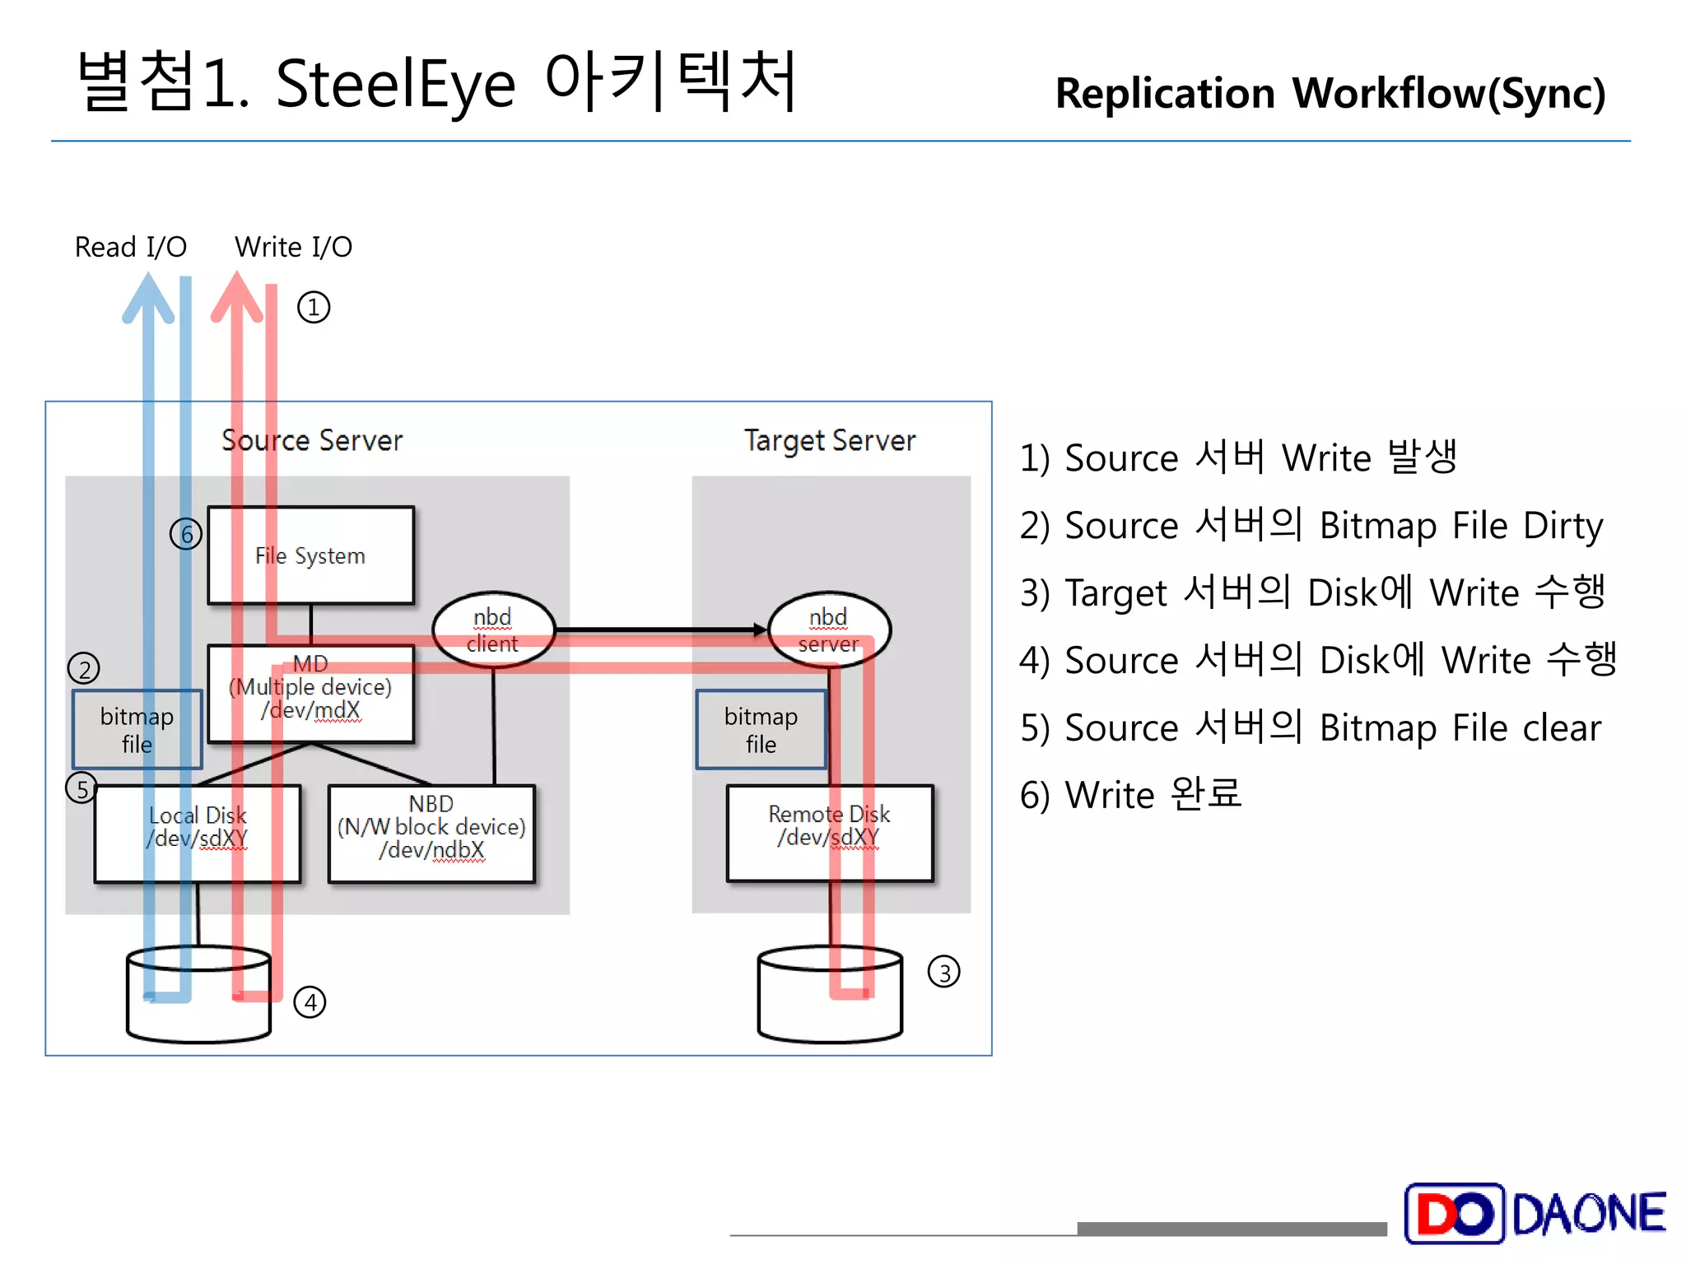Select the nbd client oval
click(493, 630)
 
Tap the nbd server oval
click(828, 630)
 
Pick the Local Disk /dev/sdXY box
click(198, 833)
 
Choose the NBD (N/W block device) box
click(431, 833)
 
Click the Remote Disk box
click(829, 832)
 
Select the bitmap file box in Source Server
click(137, 730)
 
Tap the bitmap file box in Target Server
click(761, 730)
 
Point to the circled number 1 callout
click(314, 308)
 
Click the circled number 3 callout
click(944, 972)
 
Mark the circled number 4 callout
click(310, 1002)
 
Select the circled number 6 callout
click(186, 535)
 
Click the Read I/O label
click(131, 247)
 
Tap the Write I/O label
click(293, 247)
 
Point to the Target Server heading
click(830, 441)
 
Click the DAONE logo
click(1535, 1213)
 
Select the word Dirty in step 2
click(1563, 526)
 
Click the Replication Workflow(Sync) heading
click(1330, 94)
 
